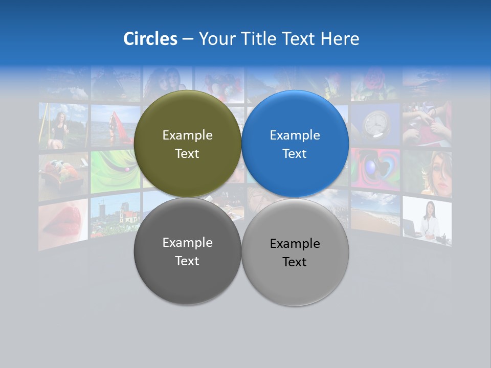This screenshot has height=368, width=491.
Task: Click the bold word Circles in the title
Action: click(150, 39)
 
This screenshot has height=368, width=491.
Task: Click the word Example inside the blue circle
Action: click(295, 135)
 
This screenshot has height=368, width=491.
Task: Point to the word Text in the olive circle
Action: click(187, 154)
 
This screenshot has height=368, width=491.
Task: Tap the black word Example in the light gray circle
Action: click(295, 244)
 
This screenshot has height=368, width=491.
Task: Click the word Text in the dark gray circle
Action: click(187, 261)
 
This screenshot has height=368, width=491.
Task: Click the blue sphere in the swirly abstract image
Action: click(372, 168)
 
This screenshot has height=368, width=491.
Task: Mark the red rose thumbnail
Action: click(374, 82)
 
